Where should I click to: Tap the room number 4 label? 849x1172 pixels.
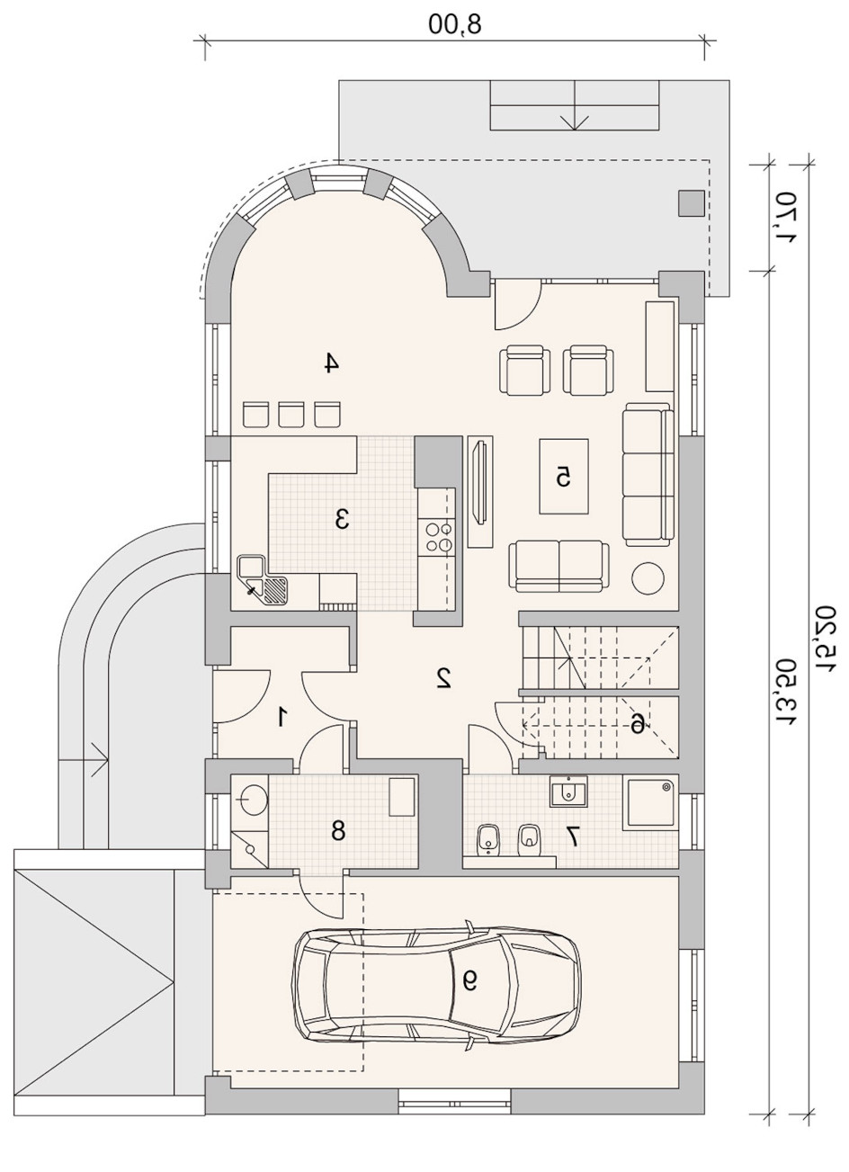[x=330, y=362]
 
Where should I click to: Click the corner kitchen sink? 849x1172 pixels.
[x=263, y=581]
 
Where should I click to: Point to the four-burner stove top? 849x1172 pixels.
[x=440, y=537]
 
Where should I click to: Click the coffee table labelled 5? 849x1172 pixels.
[x=564, y=477]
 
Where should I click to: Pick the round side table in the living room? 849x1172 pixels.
[x=648, y=577]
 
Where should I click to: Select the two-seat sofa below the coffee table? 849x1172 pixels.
[x=559, y=566]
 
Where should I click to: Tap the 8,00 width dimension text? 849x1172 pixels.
[x=455, y=23]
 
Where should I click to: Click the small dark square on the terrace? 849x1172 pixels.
[x=691, y=203]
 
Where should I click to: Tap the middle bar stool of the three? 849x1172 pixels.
[x=291, y=414]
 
